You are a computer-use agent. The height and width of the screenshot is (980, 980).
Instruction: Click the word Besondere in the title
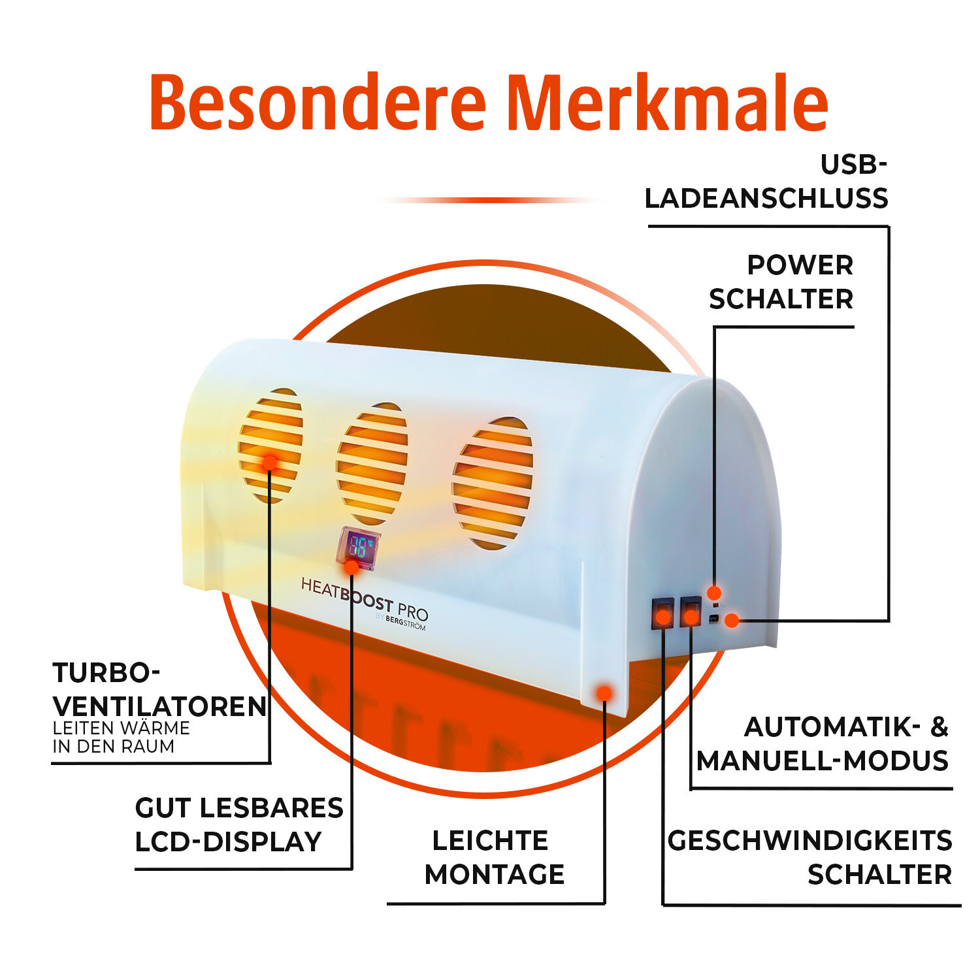click(x=318, y=103)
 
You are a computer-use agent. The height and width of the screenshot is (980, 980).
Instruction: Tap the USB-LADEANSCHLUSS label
click(x=766, y=182)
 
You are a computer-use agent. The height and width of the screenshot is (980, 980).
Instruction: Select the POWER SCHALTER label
click(x=781, y=282)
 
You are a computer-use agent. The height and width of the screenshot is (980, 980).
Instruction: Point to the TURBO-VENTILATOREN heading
click(x=159, y=689)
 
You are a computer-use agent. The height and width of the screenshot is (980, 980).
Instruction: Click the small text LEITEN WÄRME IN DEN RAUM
click(x=121, y=737)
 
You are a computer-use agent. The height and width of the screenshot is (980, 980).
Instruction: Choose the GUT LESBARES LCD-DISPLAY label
click(x=238, y=825)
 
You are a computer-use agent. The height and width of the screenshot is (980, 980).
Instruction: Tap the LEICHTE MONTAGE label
click(x=494, y=857)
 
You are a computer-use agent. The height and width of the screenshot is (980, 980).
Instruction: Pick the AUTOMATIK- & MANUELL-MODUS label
click(x=823, y=743)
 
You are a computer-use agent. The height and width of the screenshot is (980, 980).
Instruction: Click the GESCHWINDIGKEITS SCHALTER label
click(x=810, y=857)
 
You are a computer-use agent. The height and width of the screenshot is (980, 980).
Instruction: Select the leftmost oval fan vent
click(x=270, y=446)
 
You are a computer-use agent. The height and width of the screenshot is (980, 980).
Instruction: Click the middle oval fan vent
click(x=372, y=463)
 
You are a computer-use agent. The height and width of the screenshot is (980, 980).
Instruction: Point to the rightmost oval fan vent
click(x=493, y=483)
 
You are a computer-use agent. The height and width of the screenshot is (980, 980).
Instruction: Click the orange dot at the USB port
click(x=732, y=620)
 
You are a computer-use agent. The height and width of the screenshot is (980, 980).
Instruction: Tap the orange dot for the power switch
click(x=714, y=593)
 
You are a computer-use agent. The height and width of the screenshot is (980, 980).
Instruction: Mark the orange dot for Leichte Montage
click(x=604, y=693)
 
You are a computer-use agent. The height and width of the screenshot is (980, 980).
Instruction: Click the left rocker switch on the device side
click(x=662, y=613)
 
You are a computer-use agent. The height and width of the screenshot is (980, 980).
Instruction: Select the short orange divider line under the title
click(x=490, y=200)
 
